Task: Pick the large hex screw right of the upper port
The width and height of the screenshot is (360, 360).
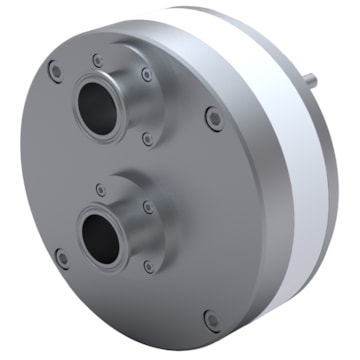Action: point(212,119)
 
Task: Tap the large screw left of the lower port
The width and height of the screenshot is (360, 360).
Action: point(61,257)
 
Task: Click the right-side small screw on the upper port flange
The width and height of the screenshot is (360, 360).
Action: point(147,76)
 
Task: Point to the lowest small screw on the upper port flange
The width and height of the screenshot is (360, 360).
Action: point(148,140)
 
